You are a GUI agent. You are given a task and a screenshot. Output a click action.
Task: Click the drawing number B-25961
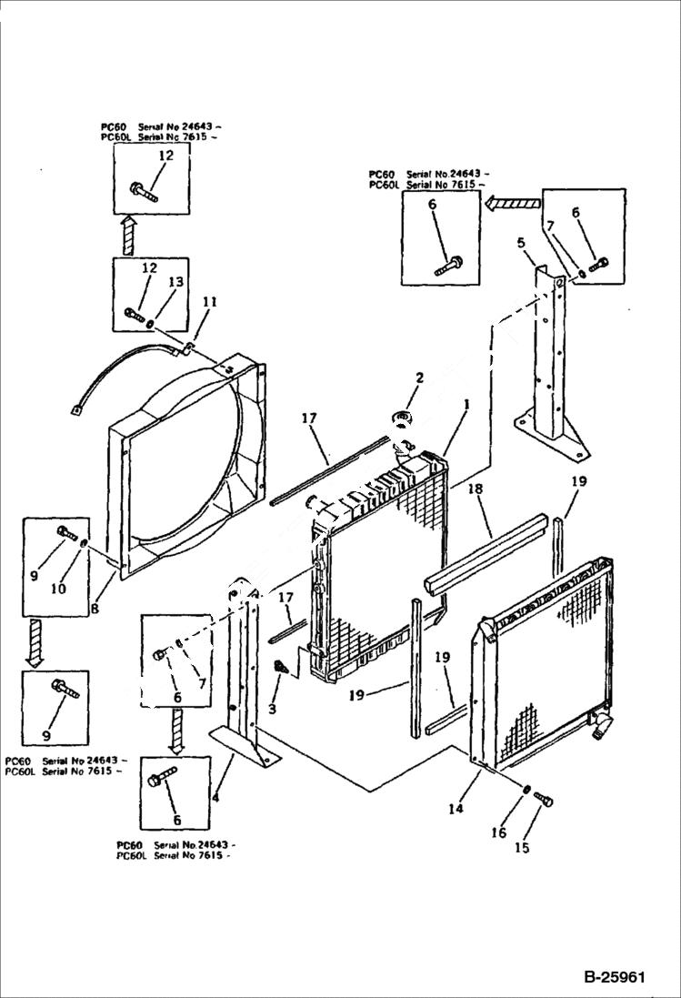click(615, 979)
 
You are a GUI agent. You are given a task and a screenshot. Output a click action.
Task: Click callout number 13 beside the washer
click(175, 282)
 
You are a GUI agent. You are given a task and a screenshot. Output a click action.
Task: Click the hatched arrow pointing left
click(512, 204)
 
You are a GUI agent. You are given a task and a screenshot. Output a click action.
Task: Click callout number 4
click(215, 798)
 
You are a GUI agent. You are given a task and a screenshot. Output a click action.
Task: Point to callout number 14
click(455, 807)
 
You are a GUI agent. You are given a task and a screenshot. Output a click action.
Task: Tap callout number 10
click(58, 588)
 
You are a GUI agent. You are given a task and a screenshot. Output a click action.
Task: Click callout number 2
click(420, 378)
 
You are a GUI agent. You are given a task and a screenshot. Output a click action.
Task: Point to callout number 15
click(522, 848)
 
